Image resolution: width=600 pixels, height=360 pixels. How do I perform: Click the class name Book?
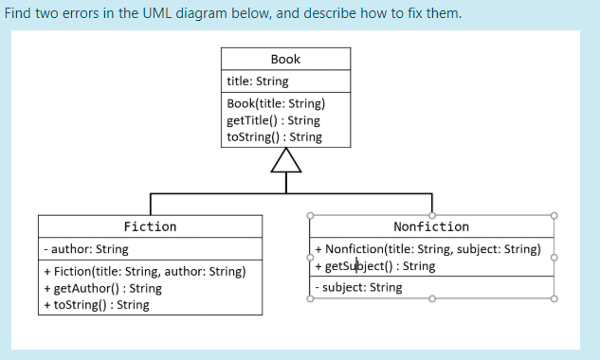tap(285, 59)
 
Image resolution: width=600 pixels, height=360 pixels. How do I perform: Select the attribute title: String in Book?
tap(258, 81)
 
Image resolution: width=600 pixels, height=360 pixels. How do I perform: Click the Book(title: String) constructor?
tap(275, 103)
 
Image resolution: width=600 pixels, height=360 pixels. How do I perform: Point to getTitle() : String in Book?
tap(273, 120)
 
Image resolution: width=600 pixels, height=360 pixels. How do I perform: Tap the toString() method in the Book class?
tap(274, 136)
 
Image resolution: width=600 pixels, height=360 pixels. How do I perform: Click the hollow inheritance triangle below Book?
tap(285, 163)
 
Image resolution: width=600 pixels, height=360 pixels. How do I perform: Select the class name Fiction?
tap(150, 226)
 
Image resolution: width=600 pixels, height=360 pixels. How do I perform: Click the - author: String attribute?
tap(86, 250)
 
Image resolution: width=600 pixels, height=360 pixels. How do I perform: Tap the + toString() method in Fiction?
tap(96, 304)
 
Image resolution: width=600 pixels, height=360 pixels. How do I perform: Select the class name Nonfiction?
tap(431, 226)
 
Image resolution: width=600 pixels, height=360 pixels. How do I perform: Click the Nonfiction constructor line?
tap(427, 249)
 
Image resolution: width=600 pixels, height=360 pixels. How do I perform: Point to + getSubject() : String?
tap(375, 266)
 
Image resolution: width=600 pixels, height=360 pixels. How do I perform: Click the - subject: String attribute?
tap(359, 287)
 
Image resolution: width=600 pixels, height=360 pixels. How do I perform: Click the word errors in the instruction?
tap(99, 14)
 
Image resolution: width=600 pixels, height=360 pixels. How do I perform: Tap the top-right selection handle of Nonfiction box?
tap(554, 215)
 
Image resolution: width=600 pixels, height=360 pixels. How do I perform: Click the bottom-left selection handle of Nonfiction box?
tap(309, 298)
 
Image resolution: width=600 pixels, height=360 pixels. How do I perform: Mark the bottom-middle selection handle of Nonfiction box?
tap(431, 298)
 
